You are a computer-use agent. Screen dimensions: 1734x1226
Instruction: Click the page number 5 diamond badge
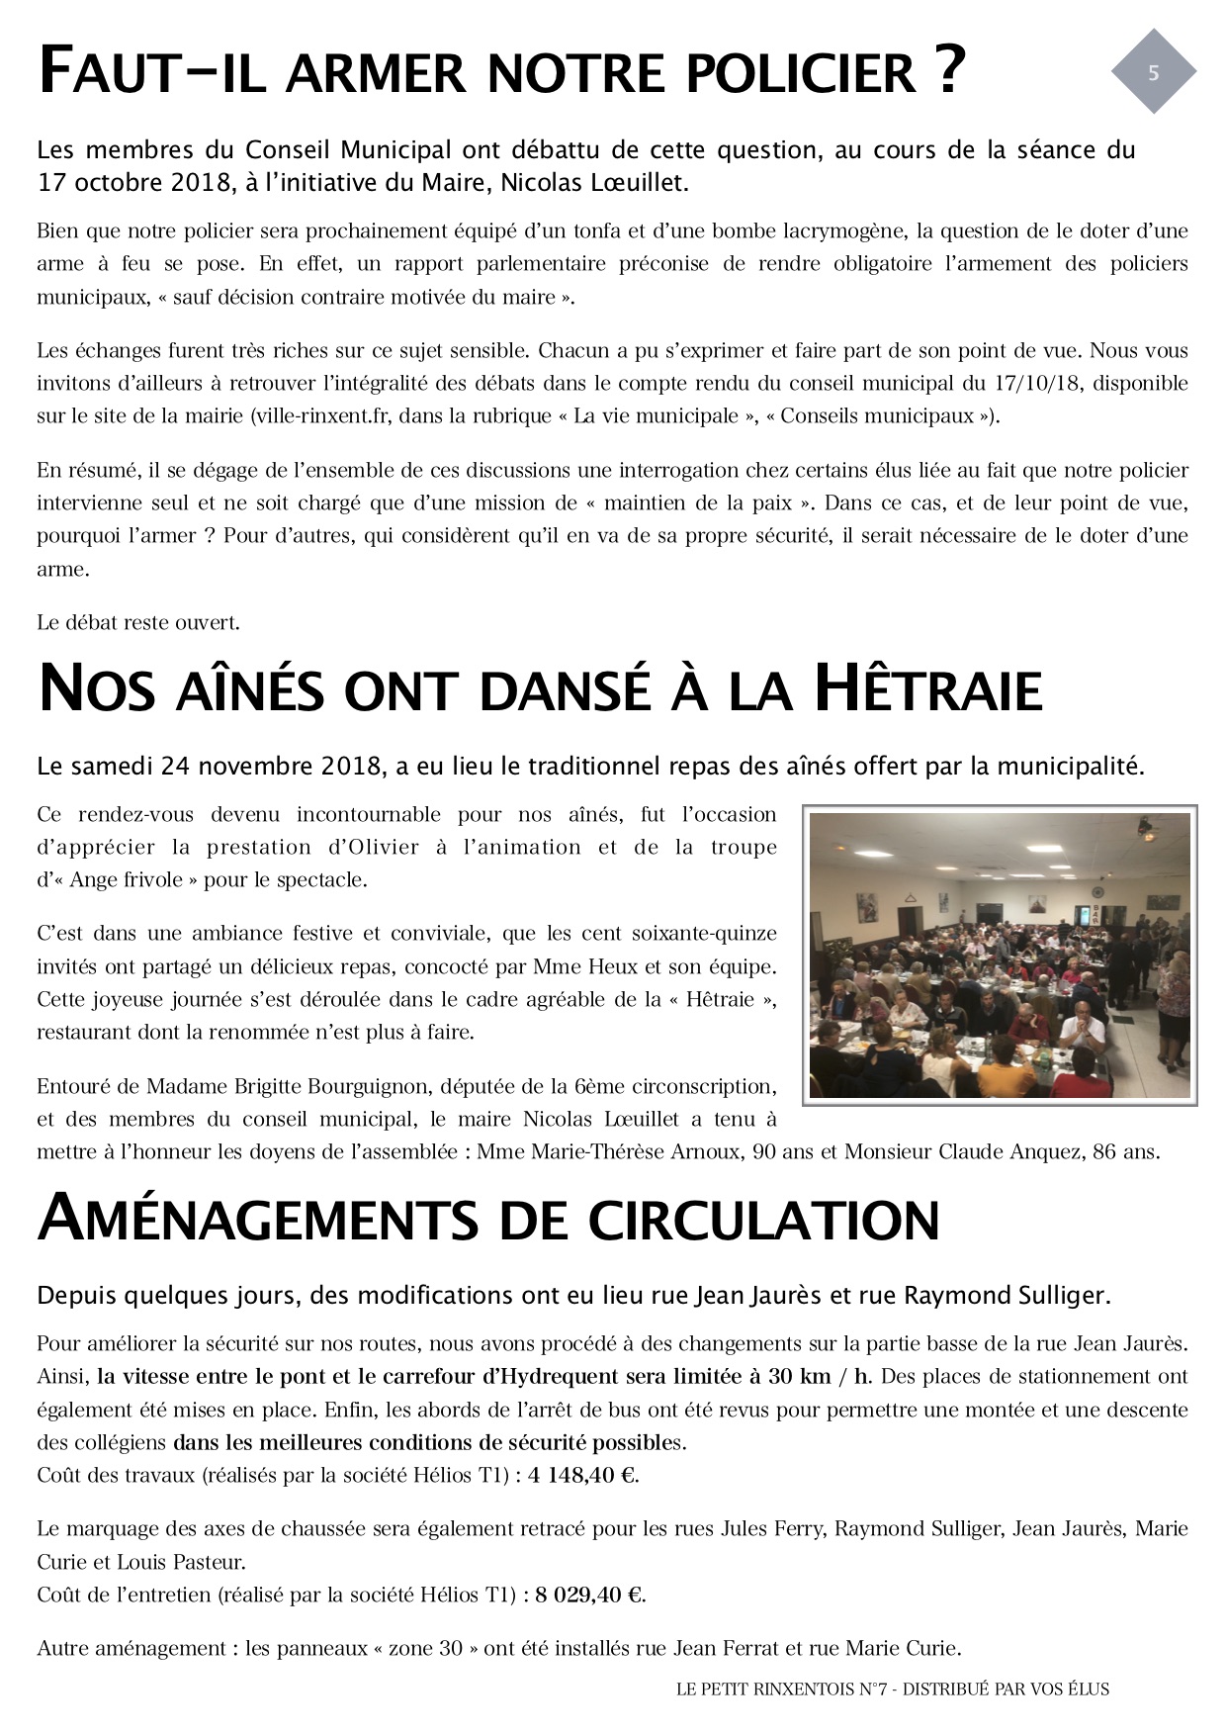click(1153, 72)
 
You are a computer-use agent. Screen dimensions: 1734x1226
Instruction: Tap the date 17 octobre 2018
click(115, 182)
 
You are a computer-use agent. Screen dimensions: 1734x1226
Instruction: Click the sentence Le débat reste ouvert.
click(138, 623)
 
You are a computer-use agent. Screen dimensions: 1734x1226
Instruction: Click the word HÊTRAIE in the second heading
click(927, 689)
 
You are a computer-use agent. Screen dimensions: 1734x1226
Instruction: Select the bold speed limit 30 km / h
click(833, 1377)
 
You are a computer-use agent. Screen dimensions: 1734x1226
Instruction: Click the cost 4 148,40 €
click(582, 1476)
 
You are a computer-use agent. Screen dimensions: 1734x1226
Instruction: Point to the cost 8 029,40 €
click(589, 1596)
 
